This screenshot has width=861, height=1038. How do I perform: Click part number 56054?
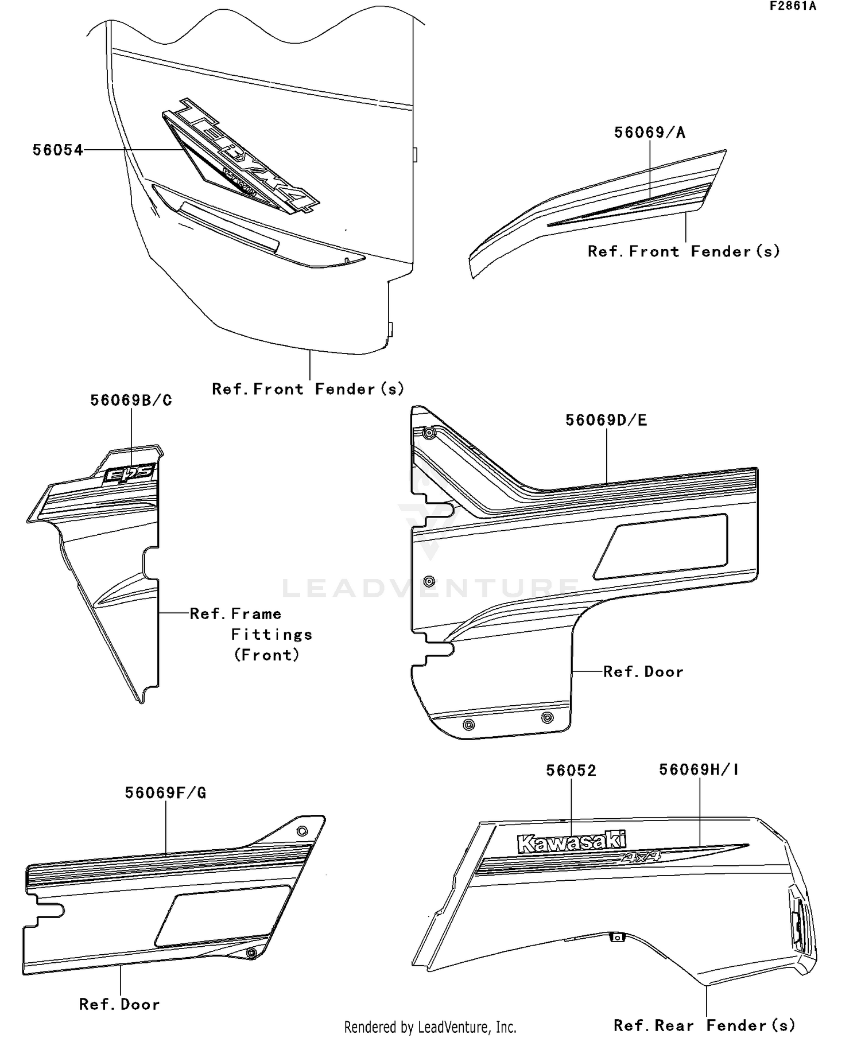[x=57, y=150]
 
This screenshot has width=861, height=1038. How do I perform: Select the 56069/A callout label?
[x=650, y=133]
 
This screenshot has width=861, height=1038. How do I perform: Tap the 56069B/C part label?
[x=131, y=401]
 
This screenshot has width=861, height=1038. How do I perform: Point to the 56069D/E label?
[x=606, y=420]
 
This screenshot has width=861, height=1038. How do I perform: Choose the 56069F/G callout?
[x=165, y=793]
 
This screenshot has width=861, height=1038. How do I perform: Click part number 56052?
[x=571, y=770]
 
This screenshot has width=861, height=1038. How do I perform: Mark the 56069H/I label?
[x=699, y=769]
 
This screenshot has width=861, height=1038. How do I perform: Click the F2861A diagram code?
[x=793, y=6]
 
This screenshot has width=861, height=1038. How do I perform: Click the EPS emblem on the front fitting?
[x=129, y=474]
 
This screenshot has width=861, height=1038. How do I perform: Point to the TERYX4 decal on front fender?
[x=241, y=158]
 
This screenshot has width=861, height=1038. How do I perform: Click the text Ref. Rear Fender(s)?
[x=704, y=1025]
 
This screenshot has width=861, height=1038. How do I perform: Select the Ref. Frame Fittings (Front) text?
[x=251, y=635]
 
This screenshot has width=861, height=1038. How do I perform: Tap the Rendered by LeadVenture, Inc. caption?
[x=430, y=1027]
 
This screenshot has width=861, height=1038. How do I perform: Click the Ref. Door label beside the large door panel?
[x=643, y=672]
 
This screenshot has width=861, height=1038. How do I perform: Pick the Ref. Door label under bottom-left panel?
[x=119, y=1004]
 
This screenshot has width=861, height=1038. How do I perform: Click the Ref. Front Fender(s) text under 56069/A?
[x=684, y=251]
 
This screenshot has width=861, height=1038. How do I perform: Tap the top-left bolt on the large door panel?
[x=428, y=433]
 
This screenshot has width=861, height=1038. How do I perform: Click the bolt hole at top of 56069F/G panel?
[x=302, y=831]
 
